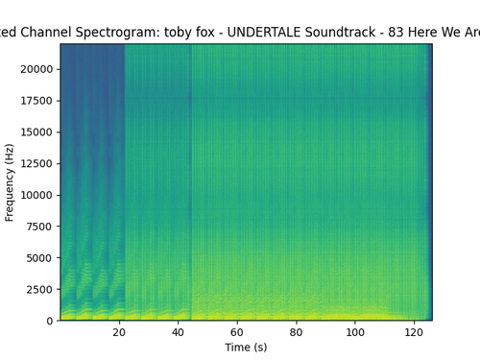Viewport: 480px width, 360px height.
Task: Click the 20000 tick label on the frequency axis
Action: point(36,69)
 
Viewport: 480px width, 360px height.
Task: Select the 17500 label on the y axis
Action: point(36,101)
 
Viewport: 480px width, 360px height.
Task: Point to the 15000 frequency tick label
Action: point(36,132)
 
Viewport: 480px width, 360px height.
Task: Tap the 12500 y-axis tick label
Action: point(36,163)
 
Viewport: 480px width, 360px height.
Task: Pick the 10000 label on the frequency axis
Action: point(36,195)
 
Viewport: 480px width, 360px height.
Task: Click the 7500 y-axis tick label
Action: point(39,227)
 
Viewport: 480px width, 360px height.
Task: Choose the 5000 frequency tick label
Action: point(39,258)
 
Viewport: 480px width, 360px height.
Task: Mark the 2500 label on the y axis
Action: point(39,289)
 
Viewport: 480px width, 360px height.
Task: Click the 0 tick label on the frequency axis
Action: point(50,321)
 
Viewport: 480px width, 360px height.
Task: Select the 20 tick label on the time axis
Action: point(119,332)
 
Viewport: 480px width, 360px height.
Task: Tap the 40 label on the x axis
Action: point(178,332)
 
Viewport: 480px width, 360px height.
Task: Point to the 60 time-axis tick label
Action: point(237,332)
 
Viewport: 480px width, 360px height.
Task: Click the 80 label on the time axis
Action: point(296,332)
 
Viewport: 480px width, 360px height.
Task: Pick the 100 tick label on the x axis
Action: point(355,332)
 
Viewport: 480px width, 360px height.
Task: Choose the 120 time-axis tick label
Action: point(414,332)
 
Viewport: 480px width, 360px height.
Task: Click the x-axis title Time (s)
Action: point(246,348)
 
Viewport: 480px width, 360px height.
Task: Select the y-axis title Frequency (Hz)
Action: point(10,182)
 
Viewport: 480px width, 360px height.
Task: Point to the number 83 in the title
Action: point(396,32)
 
